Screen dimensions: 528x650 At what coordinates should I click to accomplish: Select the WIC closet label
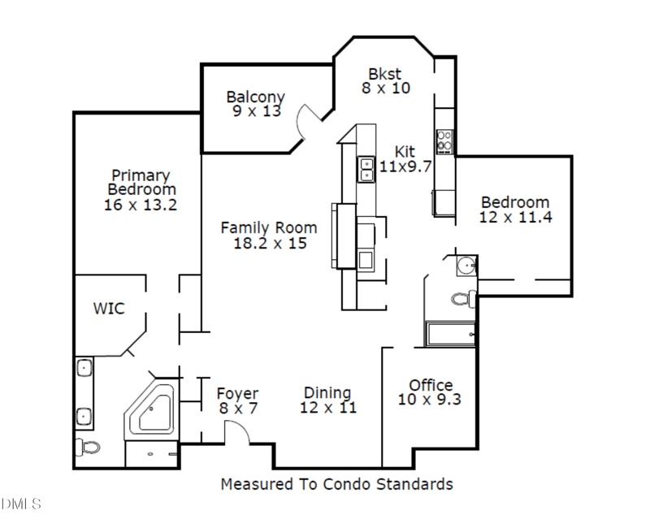[x=109, y=309]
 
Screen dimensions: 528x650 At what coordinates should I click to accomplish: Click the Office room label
[x=431, y=385]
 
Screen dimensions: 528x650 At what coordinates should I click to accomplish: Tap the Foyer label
[x=238, y=394]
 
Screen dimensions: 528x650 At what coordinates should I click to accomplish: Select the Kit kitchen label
[x=405, y=151]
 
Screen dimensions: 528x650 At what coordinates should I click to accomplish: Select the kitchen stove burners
[x=445, y=141]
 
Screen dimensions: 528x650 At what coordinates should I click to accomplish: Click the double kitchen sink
[x=366, y=168]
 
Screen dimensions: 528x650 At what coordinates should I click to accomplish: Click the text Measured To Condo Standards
[x=336, y=484]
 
